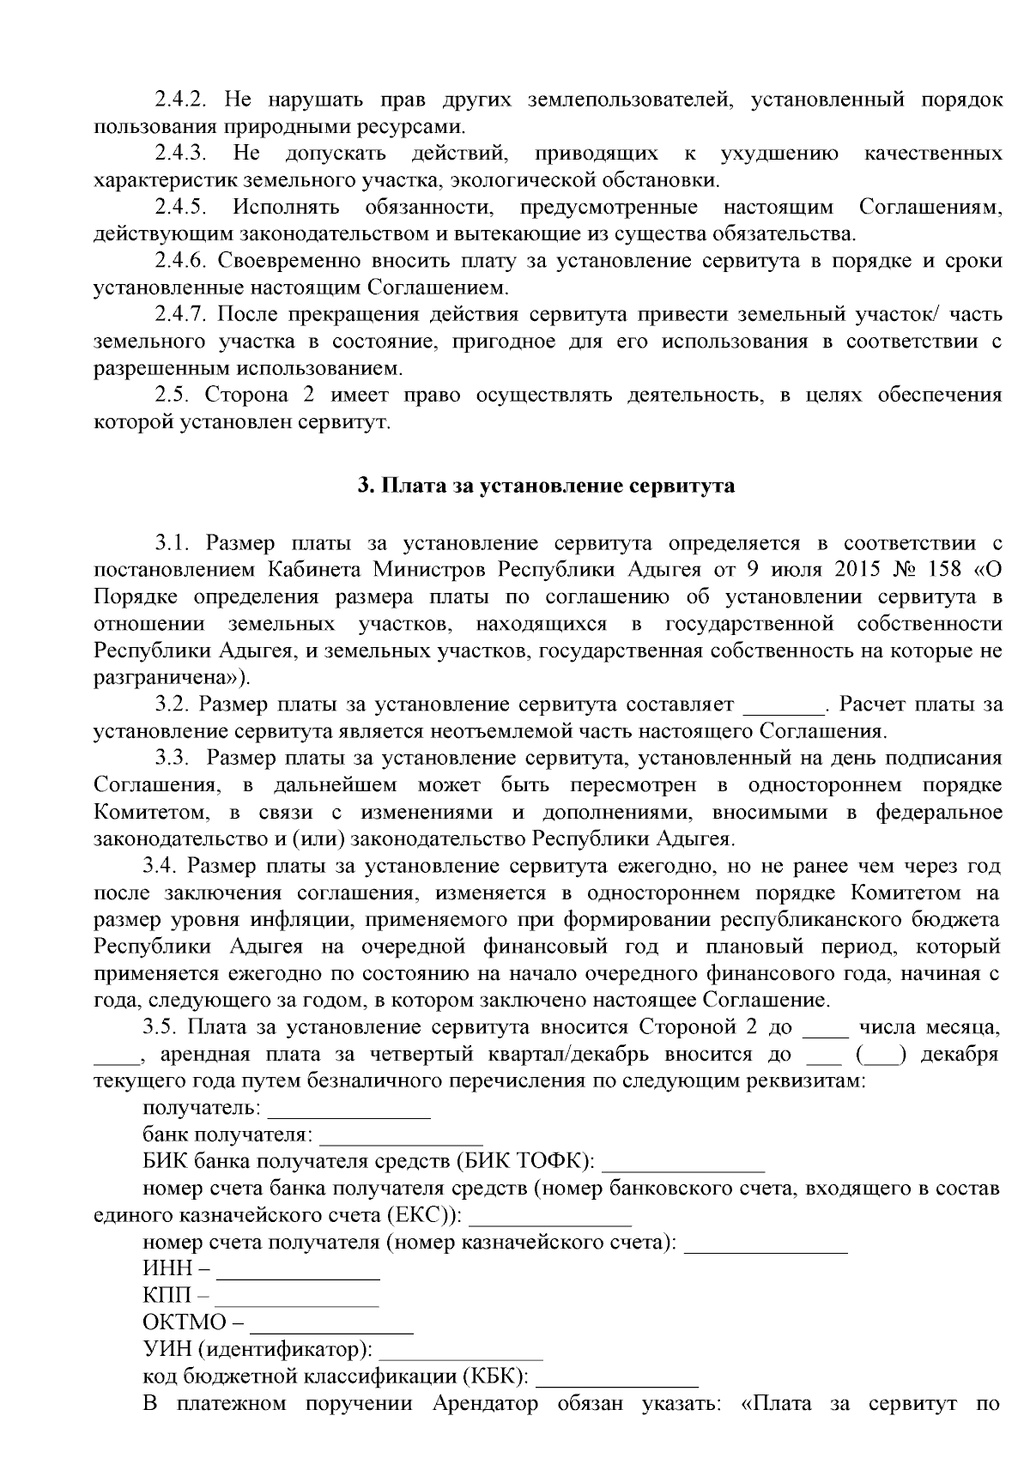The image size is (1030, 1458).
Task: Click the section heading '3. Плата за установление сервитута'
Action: [x=546, y=486]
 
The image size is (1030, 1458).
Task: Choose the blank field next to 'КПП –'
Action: [x=297, y=1298]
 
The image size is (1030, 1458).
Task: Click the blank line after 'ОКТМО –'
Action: [x=332, y=1325]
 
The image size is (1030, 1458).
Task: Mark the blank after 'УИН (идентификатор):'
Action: [x=461, y=1352]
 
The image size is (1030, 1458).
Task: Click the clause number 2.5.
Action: [x=177, y=395]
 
